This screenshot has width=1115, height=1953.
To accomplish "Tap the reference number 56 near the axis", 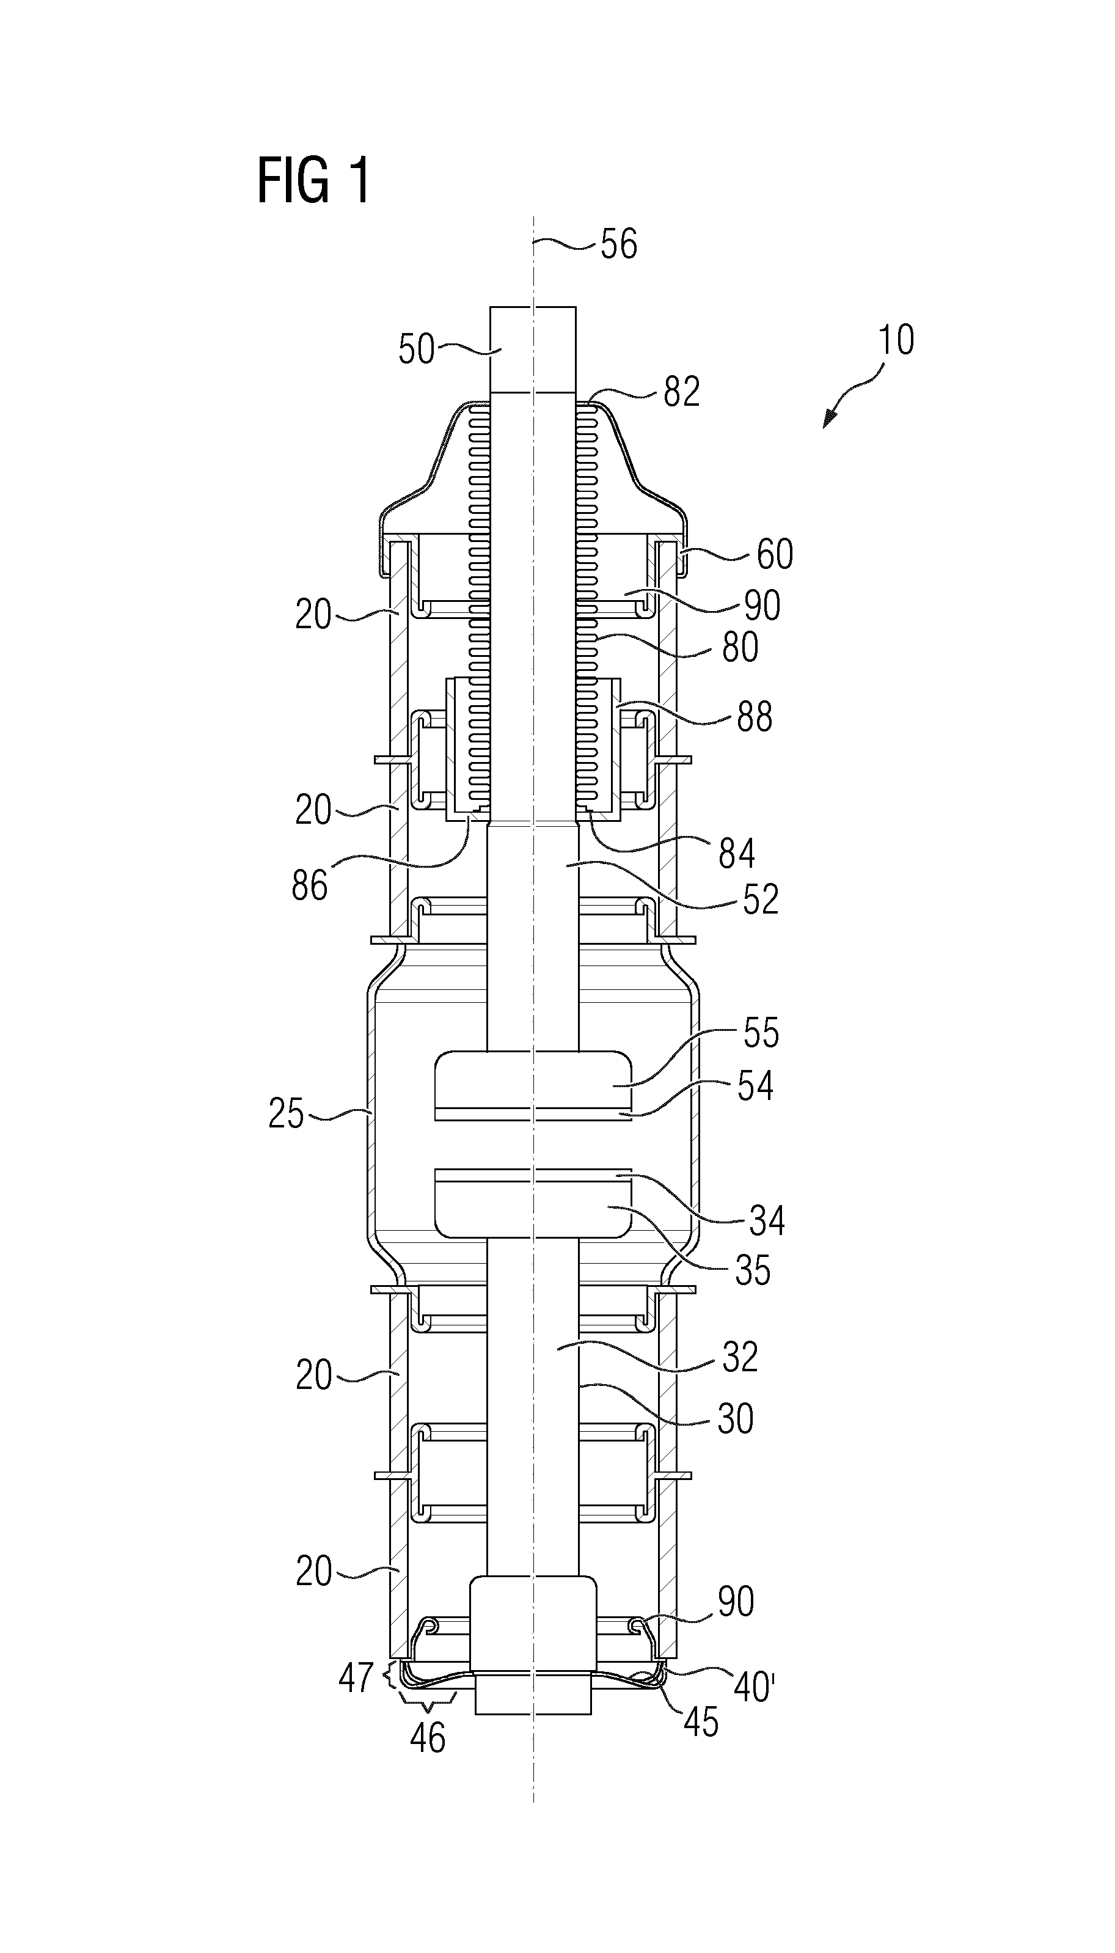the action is tap(619, 244).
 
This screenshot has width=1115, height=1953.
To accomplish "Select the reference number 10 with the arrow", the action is tap(896, 339).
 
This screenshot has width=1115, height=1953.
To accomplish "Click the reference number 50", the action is tap(417, 350).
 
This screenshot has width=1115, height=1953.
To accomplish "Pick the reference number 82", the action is tap(682, 392).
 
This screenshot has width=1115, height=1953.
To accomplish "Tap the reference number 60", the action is tap(775, 554).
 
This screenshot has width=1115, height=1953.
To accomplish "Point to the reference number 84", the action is tap(737, 853).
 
